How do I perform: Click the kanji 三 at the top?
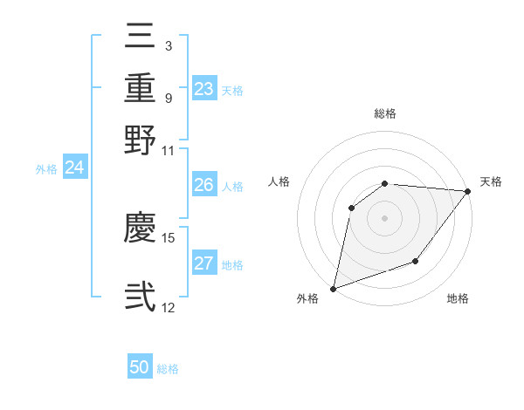tap(141, 38)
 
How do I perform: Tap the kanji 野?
tap(141, 140)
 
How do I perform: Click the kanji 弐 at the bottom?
tap(141, 296)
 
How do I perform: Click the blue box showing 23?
tap(204, 89)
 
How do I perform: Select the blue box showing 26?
tap(204, 185)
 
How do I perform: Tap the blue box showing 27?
tap(204, 263)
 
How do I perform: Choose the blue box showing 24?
tap(74, 167)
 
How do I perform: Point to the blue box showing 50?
tap(140, 367)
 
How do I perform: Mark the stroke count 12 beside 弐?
tap(169, 308)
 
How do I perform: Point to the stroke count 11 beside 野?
tap(169, 150)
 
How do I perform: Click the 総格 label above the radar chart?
tap(385, 113)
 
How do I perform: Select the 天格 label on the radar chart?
tap(491, 181)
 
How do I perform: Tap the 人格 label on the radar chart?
tap(279, 181)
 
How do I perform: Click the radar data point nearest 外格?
tap(333, 288)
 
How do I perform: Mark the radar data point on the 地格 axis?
tap(416, 261)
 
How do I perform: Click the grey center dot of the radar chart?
tap(384, 217)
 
